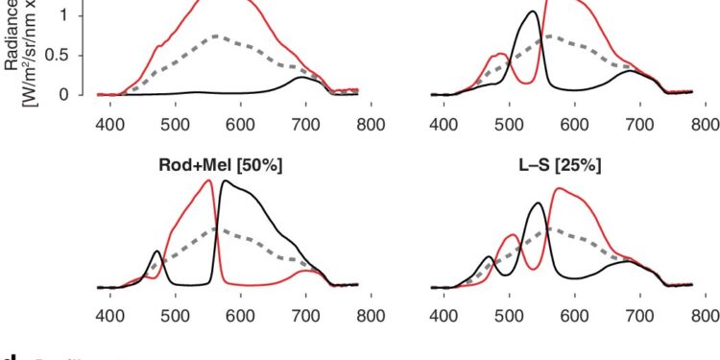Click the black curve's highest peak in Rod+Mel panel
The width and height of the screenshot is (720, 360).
coord(226,181)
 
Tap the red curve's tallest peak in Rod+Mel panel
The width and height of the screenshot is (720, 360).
coord(210,180)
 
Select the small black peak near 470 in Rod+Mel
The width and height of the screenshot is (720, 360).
coord(157,252)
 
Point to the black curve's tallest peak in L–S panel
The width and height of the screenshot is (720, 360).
coord(538,203)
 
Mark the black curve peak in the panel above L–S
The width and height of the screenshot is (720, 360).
coord(505,12)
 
